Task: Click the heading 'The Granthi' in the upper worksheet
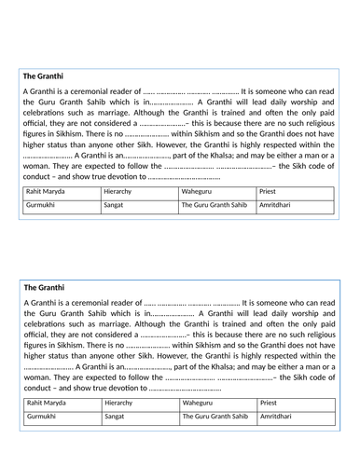43,75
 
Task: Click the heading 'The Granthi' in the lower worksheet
44,288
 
